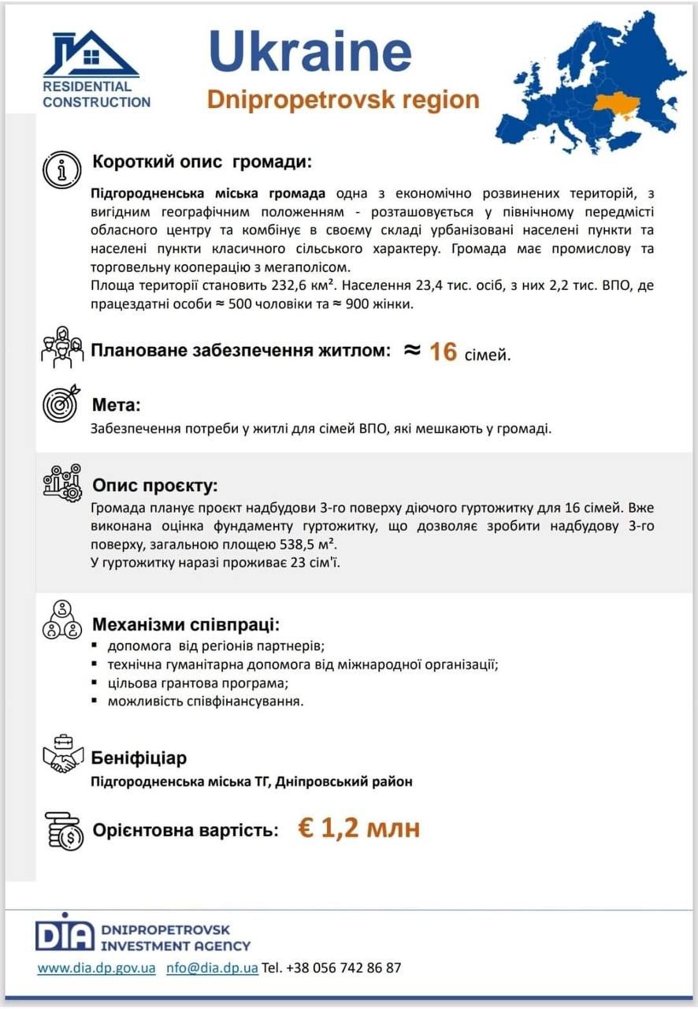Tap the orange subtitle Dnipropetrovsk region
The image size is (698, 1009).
[343, 100]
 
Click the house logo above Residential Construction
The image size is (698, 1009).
[91, 53]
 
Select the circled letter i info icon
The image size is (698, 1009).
[61, 169]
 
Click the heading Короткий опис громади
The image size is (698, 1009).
[202, 162]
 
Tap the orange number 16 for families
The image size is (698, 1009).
[444, 352]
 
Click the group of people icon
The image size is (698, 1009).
[62, 348]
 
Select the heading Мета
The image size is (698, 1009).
[116, 406]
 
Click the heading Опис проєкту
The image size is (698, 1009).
[154, 484]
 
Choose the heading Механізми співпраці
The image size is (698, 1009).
[185, 625]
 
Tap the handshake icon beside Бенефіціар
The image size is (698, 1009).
[62, 755]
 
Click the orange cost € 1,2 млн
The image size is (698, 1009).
[358, 828]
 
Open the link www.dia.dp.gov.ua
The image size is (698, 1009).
[96, 967]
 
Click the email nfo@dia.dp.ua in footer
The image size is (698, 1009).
[212, 967]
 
